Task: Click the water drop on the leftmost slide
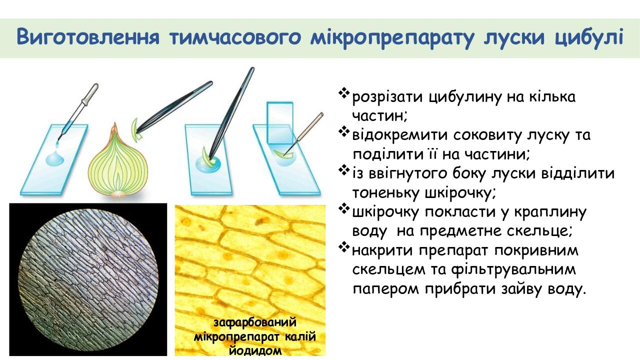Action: tap(54, 158)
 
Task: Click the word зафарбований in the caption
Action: tap(254, 321)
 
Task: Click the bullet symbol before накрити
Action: tap(344, 247)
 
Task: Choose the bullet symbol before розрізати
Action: tap(344, 93)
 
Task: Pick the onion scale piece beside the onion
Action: tap(134, 126)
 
